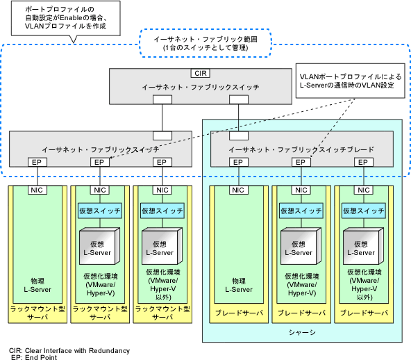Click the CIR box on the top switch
tap(201, 73)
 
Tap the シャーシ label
tap(302, 332)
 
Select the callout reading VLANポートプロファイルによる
tap(350, 81)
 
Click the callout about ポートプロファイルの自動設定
tap(65, 18)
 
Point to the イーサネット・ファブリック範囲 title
tap(205, 40)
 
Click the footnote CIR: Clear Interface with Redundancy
tap(69, 350)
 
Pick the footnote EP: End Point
tap(34, 357)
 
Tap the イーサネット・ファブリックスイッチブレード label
tap(301, 149)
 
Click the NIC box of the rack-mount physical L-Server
tap(37, 190)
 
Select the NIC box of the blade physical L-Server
tap(239, 190)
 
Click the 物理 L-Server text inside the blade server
tap(239, 286)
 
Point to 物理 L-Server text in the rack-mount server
tap(37, 286)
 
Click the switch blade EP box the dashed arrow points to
tap(301, 162)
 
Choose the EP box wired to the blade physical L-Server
tap(239, 162)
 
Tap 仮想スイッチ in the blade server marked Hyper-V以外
tap(364, 211)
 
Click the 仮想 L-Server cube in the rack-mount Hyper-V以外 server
tap(162, 246)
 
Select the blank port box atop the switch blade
tap(239, 136)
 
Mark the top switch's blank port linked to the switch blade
tap(239, 99)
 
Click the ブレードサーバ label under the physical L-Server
tap(239, 313)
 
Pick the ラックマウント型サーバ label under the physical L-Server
tap(37, 313)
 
